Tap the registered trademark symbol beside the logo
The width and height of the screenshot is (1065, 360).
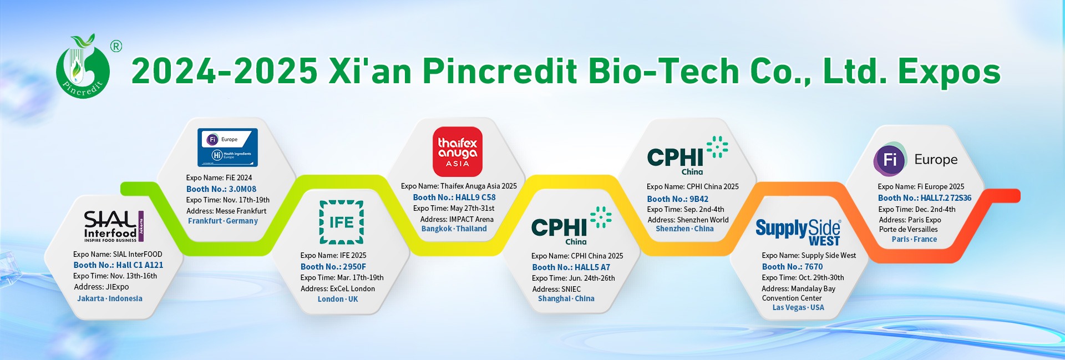pos(116,47)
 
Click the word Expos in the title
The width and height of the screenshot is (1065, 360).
pos(949,72)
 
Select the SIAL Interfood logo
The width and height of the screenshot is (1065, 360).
pos(114,226)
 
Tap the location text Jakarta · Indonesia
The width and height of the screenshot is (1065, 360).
pos(110,298)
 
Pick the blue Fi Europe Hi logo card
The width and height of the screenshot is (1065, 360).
pos(227,148)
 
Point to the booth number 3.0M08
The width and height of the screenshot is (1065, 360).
pos(242,189)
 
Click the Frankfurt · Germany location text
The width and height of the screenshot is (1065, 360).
pos(223,221)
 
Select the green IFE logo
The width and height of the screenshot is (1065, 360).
pos(342,222)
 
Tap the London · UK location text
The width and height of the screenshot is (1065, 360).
pos(338,299)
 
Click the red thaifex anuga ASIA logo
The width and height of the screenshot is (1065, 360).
pos(458,151)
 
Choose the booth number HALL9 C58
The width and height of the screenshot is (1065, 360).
pos(475,197)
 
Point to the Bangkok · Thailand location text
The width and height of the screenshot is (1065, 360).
pos(454,229)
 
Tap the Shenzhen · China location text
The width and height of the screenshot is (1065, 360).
pos(684,229)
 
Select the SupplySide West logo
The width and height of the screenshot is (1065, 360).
pos(798,231)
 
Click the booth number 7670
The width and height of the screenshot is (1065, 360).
pos(814,267)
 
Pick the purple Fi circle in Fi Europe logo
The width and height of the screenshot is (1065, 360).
pos(890,160)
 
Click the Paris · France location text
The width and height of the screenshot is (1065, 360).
pos(914,239)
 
